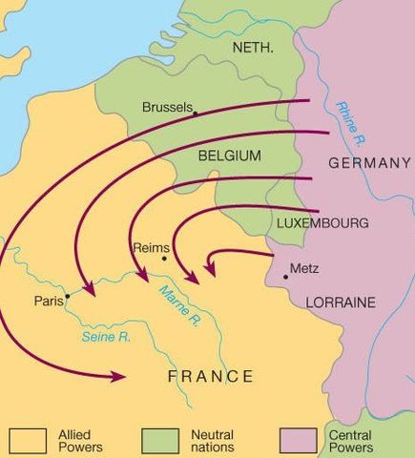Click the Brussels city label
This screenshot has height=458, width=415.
pos(167,108)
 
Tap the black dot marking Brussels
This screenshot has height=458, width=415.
pos(196,114)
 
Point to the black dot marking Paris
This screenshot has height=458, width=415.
pos(68,296)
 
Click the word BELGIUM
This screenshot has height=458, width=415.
pos(230,155)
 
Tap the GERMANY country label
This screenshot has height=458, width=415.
pos(369,163)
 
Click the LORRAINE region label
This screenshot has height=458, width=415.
pos(341,302)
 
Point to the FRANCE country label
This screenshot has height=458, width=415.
pos(211,376)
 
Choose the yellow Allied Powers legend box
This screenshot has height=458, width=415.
pos(28,440)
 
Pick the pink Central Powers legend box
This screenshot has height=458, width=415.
pos(297,440)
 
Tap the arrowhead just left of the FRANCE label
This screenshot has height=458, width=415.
pos(118,377)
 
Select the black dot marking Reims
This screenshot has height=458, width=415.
pos(164,258)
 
